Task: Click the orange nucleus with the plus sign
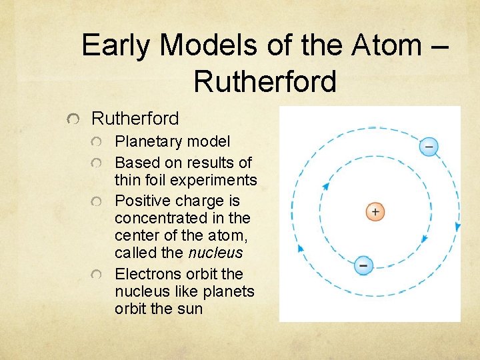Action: point(375,212)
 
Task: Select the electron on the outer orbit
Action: point(429,146)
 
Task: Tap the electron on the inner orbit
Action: point(363,265)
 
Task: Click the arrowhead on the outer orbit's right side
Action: point(457,227)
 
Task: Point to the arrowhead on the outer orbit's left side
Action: point(300,247)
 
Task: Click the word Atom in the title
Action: point(384,45)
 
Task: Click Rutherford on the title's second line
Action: point(265,81)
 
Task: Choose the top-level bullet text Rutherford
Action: point(135,119)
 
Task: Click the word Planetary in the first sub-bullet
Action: point(147,141)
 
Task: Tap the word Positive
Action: point(139,201)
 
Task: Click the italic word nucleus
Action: point(215,253)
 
